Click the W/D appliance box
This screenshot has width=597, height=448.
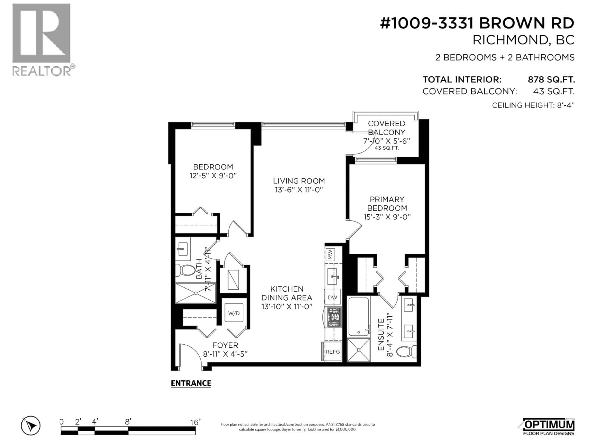point(234,313)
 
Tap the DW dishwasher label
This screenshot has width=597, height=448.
point(333,297)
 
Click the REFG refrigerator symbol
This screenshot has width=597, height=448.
point(332,352)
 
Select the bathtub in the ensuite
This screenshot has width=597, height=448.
point(358,317)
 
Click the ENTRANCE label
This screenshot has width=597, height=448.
point(191,383)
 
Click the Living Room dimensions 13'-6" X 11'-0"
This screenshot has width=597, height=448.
point(299,190)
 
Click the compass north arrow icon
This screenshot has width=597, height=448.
point(31,426)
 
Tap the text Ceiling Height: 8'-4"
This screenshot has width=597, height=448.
point(533,105)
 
